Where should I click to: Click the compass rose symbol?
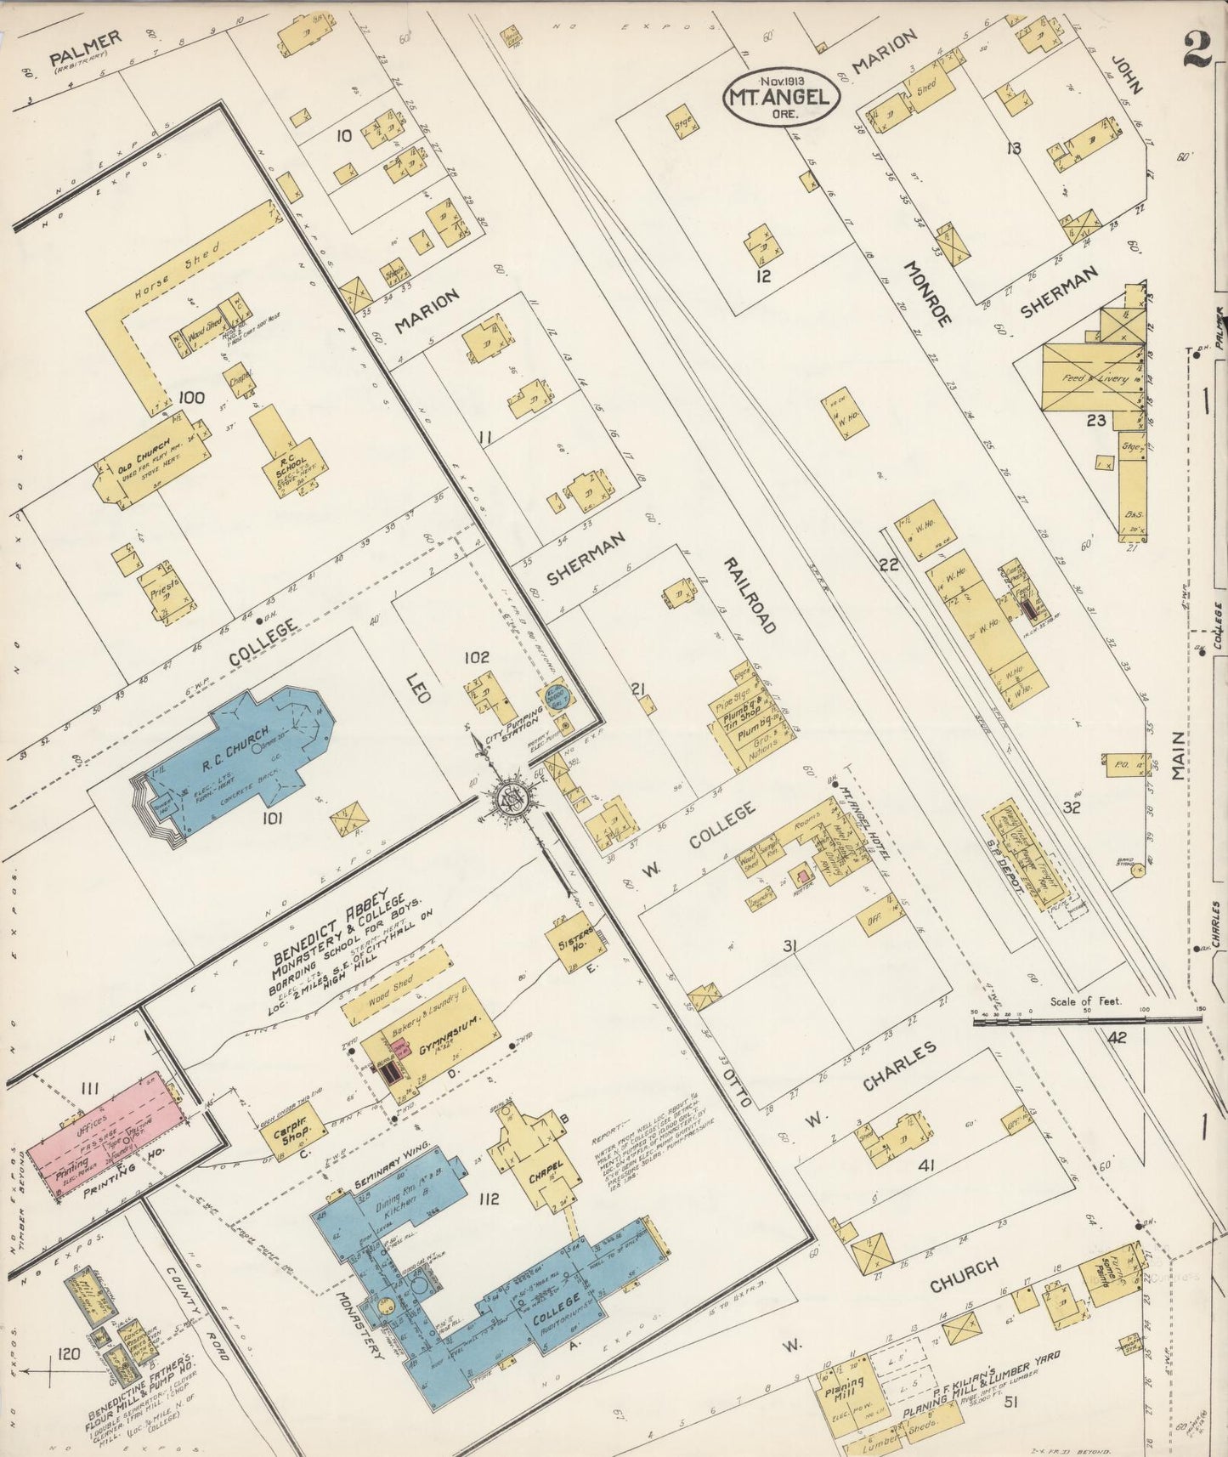[x=515, y=799]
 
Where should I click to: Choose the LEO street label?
[x=419, y=687]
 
